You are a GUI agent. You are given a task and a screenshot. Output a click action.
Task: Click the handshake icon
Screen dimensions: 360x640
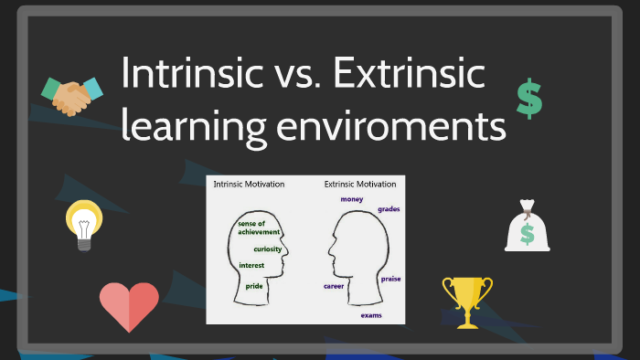click(x=71, y=96)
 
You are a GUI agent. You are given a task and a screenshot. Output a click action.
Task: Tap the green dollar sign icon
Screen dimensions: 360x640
click(x=528, y=99)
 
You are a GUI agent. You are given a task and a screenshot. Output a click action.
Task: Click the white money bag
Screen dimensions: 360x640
click(x=528, y=226)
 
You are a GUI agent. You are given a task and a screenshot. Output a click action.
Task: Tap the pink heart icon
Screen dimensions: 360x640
click(x=129, y=306)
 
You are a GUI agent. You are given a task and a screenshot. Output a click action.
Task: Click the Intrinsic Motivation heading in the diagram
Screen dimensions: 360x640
click(x=249, y=185)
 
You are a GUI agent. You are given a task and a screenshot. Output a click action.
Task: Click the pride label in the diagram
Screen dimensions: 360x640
click(x=254, y=286)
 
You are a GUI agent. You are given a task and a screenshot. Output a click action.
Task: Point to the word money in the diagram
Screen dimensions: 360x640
click(x=352, y=198)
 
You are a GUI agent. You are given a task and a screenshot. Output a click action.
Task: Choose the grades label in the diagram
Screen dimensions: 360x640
click(x=389, y=209)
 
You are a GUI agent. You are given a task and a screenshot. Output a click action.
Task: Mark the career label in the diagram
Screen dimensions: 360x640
click(x=334, y=286)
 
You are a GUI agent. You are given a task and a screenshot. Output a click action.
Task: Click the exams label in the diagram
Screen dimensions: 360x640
click(x=370, y=315)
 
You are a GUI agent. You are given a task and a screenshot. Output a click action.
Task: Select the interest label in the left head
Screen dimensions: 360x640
click(x=251, y=265)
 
